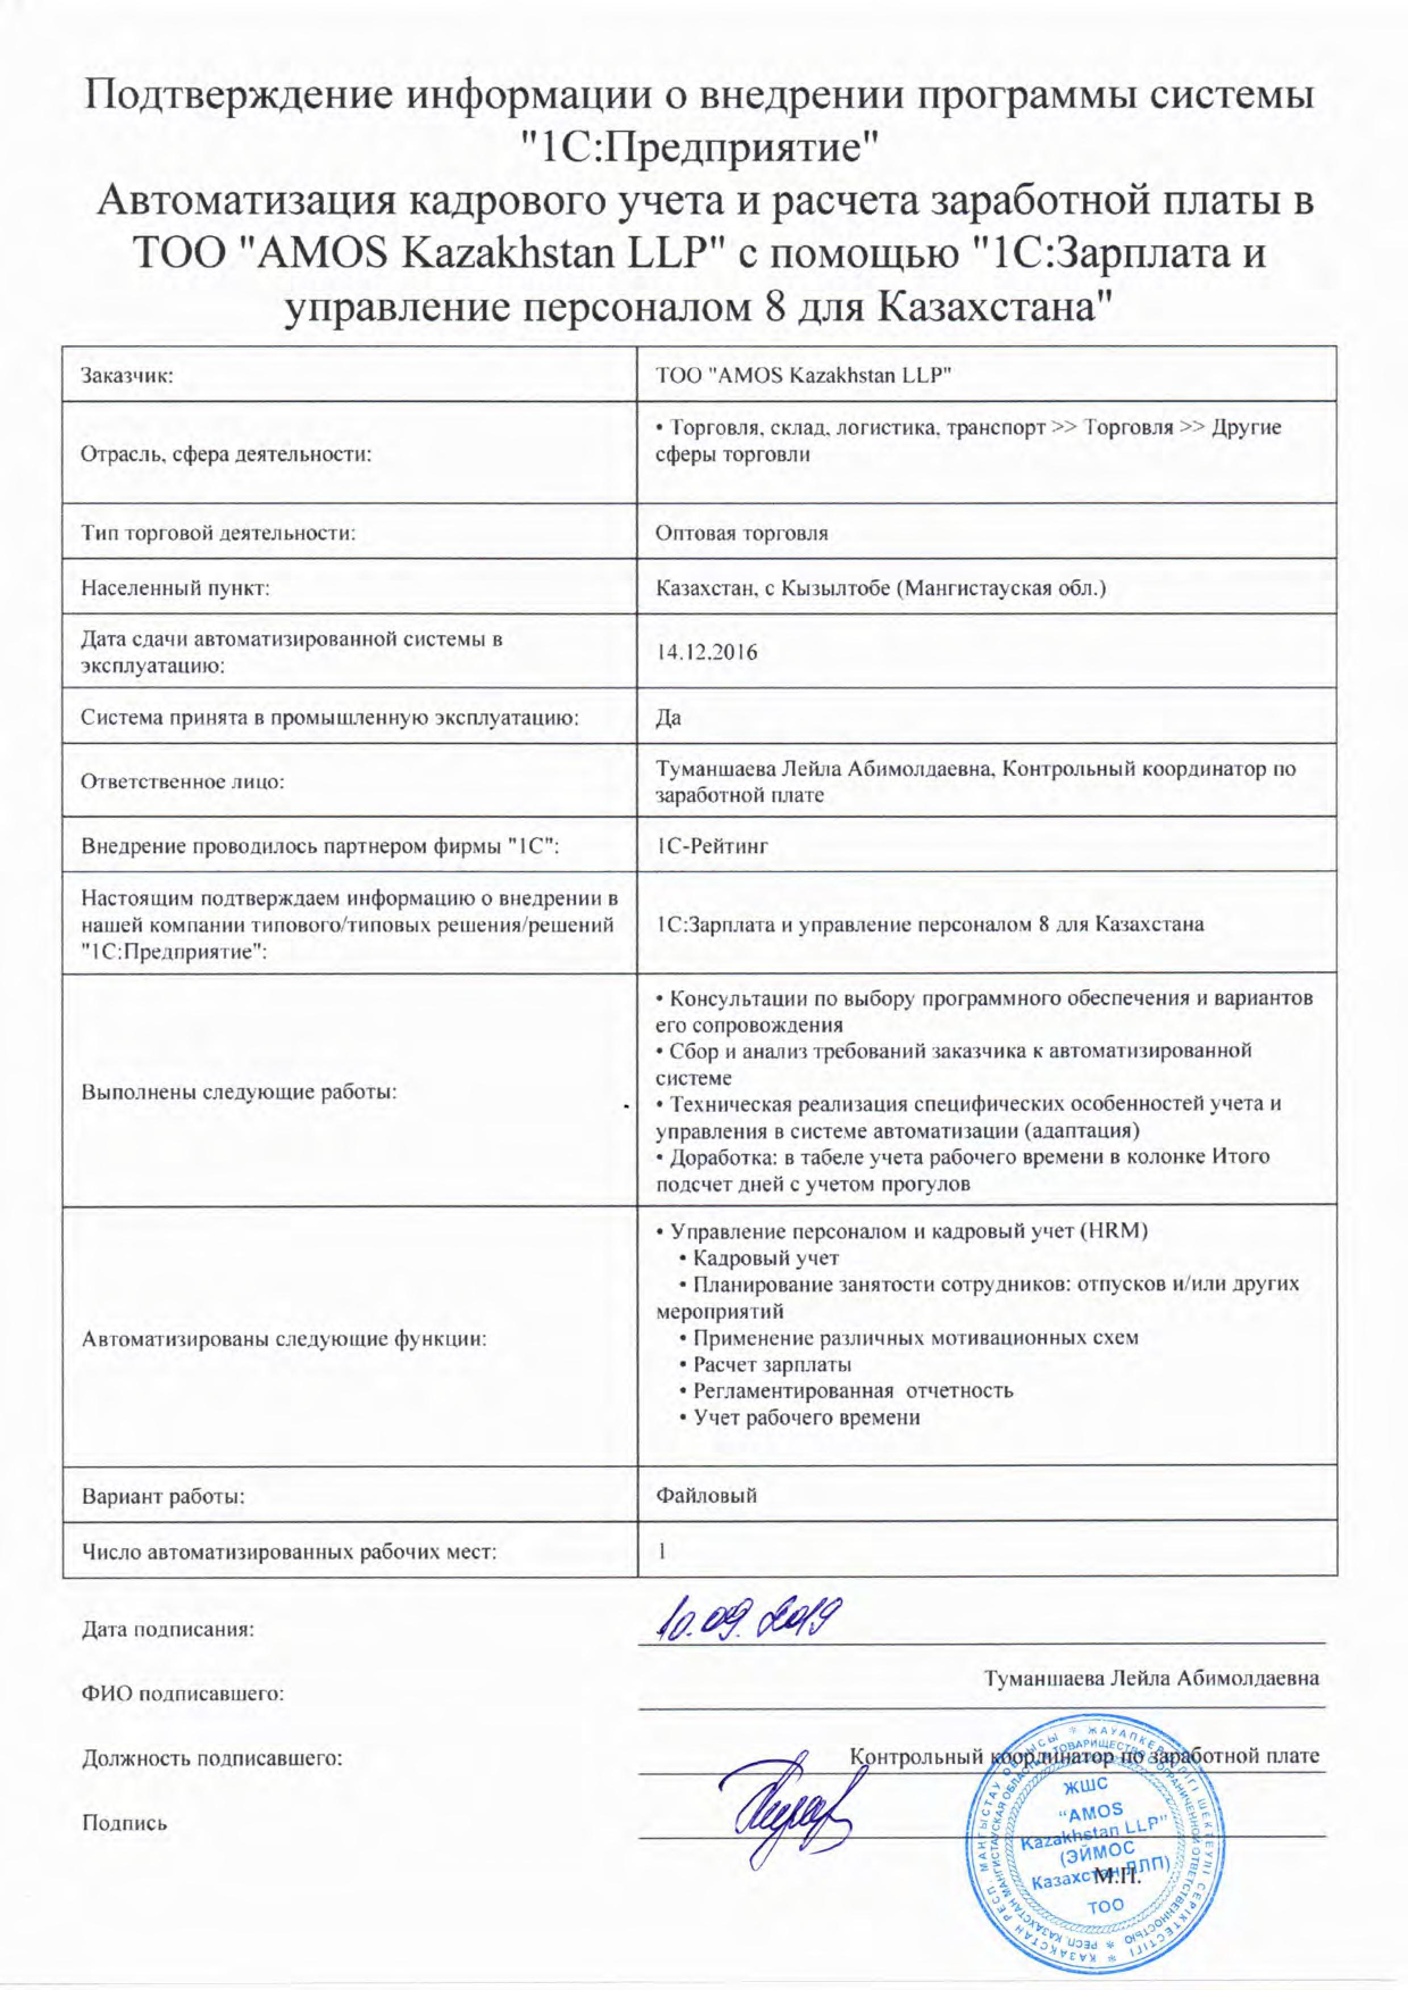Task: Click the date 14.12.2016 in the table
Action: point(707,652)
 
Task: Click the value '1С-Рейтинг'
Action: point(713,845)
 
